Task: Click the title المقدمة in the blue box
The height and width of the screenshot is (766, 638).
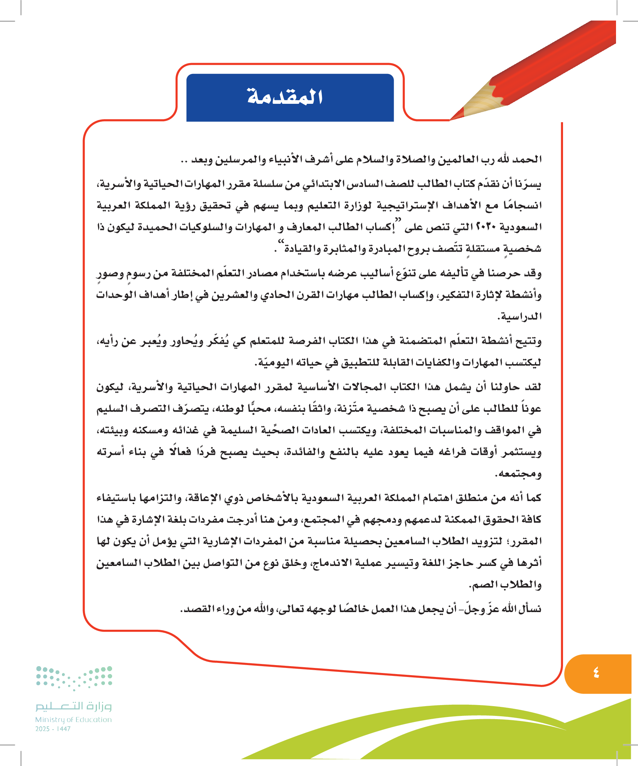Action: point(285,97)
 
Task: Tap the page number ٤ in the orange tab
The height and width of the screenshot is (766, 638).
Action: point(596,672)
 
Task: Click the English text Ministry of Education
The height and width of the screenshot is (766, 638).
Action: point(73,719)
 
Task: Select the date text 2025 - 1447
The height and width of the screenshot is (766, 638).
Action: point(53,729)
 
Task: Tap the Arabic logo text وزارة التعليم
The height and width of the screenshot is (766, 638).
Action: point(73,706)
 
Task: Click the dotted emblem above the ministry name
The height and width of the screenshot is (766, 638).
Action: point(74,678)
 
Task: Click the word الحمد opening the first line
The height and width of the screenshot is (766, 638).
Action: point(527,159)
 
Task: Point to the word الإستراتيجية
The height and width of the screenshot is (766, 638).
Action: point(407,205)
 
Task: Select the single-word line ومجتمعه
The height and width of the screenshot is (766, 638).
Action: point(518,474)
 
